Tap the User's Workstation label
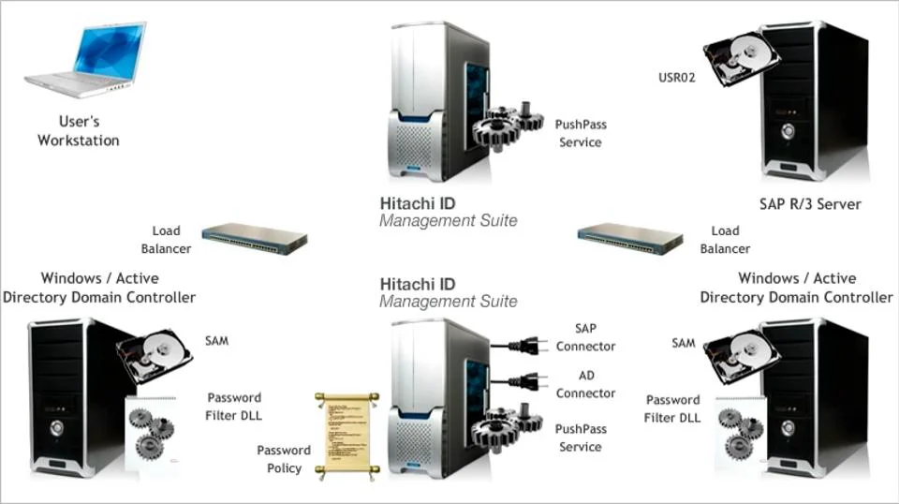(x=79, y=130)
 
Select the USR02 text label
(x=677, y=78)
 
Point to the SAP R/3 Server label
(x=810, y=203)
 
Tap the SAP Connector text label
(x=585, y=337)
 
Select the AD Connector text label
(x=585, y=384)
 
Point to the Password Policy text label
(x=284, y=459)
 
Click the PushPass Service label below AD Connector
(x=581, y=437)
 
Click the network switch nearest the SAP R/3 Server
(x=629, y=238)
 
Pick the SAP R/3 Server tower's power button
(x=788, y=130)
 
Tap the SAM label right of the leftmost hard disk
(x=216, y=341)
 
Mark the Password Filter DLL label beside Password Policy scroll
(x=234, y=407)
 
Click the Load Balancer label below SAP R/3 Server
(x=725, y=240)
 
